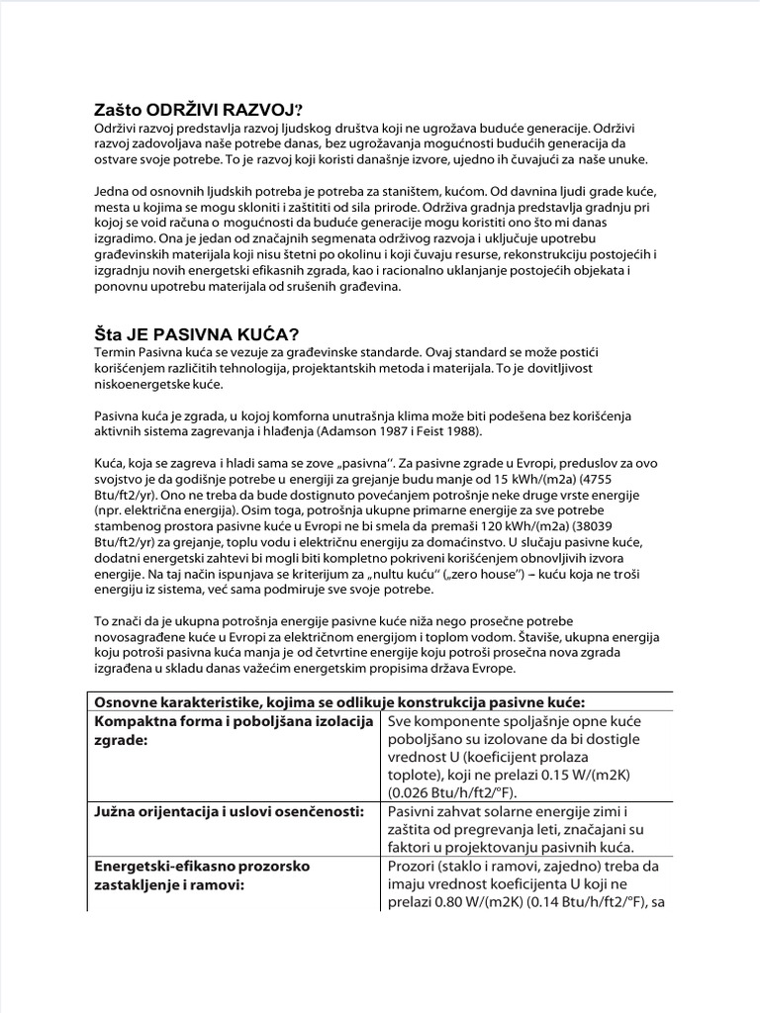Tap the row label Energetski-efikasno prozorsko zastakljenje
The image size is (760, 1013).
coord(200,867)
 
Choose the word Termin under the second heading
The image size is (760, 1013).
coord(117,351)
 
